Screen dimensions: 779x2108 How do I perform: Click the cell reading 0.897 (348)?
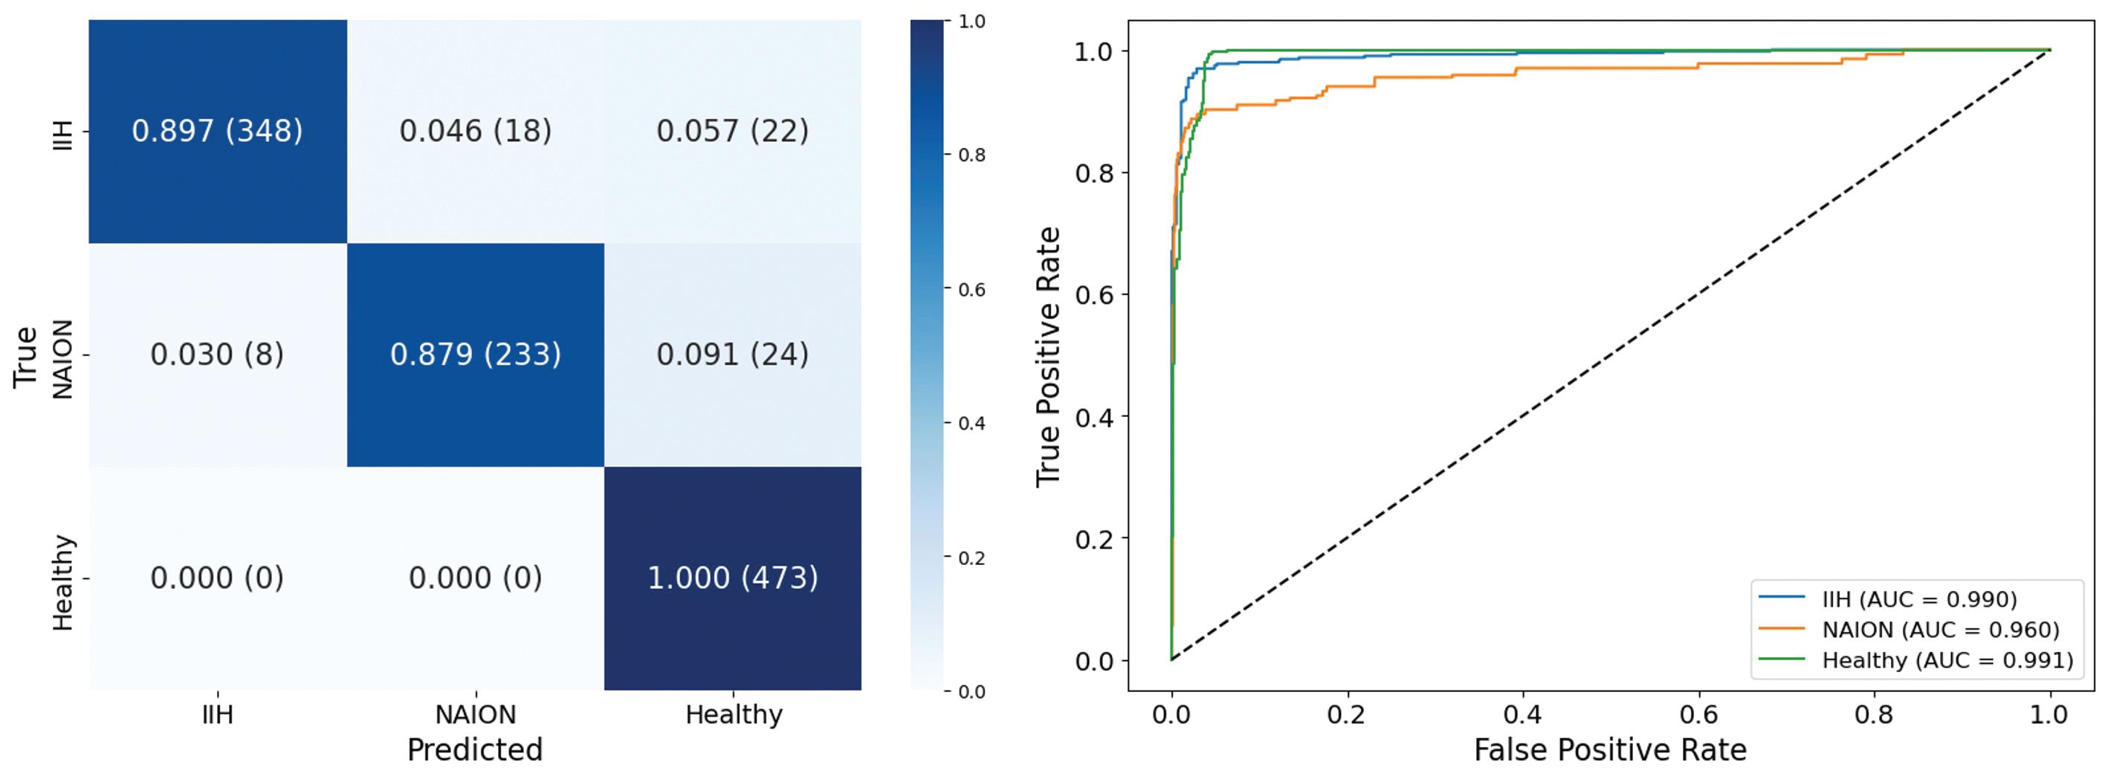[217, 131]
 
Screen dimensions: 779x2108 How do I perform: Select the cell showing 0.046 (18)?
[476, 131]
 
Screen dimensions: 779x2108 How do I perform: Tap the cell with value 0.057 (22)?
[732, 131]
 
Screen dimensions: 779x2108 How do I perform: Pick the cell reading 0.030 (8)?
[217, 355]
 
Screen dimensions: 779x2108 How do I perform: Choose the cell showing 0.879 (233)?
[476, 355]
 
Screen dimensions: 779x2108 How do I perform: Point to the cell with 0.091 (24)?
[732, 355]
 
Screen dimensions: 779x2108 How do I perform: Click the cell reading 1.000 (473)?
[732, 578]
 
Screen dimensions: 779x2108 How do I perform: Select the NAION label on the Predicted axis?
[476, 714]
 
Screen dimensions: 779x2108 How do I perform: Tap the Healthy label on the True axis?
[63, 583]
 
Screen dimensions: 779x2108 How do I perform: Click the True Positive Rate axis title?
[1048, 356]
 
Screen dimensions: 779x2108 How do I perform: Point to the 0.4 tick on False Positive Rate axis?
[1522, 714]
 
